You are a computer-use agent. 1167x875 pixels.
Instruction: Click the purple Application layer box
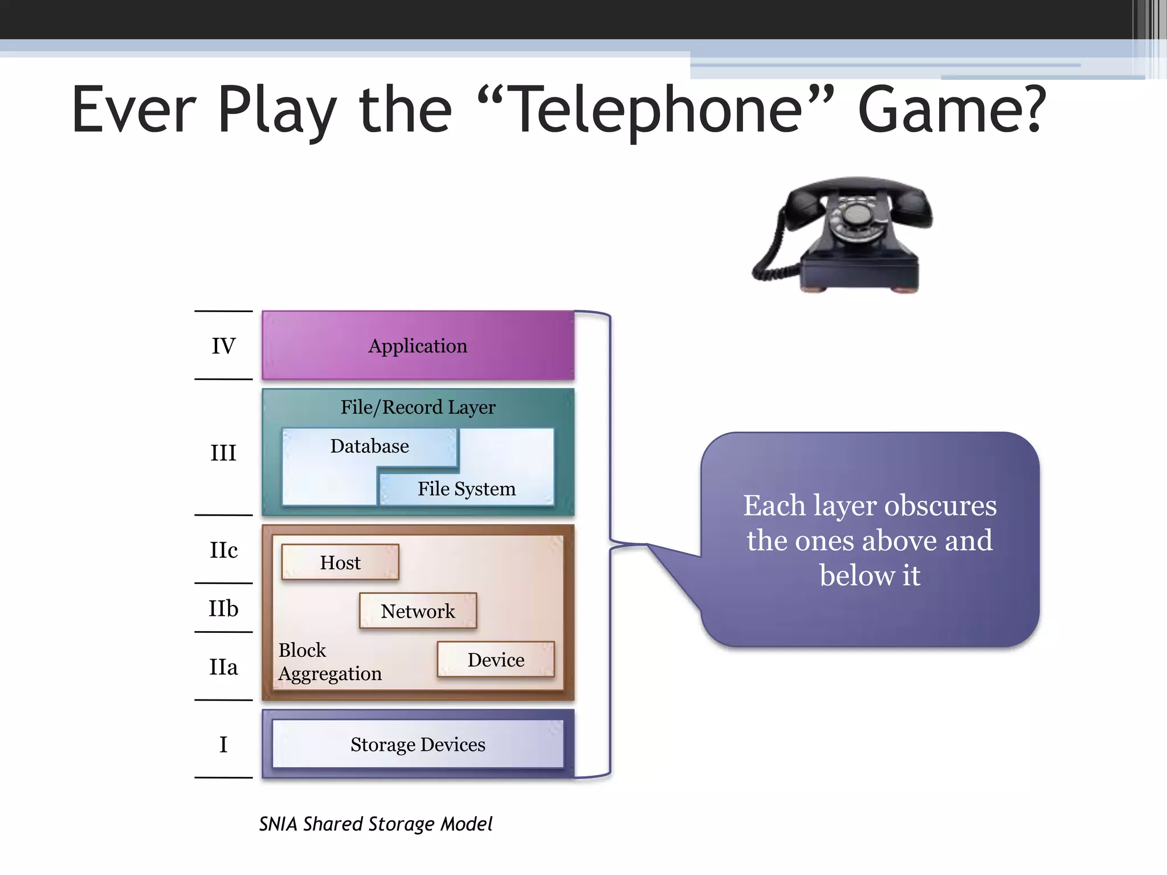tap(418, 345)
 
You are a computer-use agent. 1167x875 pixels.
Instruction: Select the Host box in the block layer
tap(340, 562)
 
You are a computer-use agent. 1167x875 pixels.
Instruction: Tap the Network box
tap(418, 611)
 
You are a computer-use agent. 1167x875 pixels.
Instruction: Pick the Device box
tap(496, 660)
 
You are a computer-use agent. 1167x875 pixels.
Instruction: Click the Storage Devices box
tap(418, 744)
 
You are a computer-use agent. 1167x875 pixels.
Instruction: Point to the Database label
tap(369, 446)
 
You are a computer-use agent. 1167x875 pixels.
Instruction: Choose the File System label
tap(466, 489)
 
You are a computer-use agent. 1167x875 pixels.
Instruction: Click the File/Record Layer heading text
tap(418, 407)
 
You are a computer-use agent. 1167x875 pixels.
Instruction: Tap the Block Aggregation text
tap(329, 662)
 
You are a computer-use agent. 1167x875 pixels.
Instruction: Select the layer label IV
tap(223, 346)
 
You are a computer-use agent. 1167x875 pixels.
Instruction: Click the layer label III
tap(223, 453)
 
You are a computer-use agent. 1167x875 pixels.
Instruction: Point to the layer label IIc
tap(223, 550)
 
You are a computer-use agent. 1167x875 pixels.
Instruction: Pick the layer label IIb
tap(223, 608)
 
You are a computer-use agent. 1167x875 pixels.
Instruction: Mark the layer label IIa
tap(223, 667)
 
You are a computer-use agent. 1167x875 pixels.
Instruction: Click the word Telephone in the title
tap(656, 109)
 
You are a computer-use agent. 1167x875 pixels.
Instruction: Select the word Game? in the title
tap(952, 109)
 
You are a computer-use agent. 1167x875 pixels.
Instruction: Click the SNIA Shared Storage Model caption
tap(376, 824)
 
